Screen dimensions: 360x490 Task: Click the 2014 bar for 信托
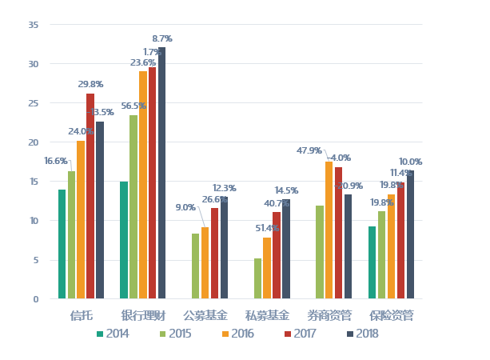pyautogui.click(x=62, y=244)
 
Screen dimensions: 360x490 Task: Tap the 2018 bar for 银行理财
pyautogui.click(x=161, y=173)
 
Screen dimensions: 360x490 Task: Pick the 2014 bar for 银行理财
pyautogui.click(x=124, y=240)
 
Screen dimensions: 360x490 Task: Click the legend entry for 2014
pyautogui.click(x=113, y=334)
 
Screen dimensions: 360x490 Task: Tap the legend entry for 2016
pyautogui.click(x=237, y=334)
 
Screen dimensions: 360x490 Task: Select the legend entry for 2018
pyautogui.click(x=362, y=334)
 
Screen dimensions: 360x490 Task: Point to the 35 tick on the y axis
pyautogui.click(x=34, y=25)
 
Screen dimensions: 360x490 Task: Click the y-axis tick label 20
pyautogui.click(x=34, y=142)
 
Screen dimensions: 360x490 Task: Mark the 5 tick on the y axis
pyautogui.click(x=36, y=260)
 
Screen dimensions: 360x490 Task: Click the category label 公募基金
pyautogui.click(x=205, y=315)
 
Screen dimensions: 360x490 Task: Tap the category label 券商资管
pyautogui.click(x=329, y=315)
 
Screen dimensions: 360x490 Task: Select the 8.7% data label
pyautogui.click(x=162, y=38)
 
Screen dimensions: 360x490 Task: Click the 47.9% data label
pyautogui.click(x=309, y=150)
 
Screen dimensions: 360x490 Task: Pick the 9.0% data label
pyautogui.click(x=185, y=207)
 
